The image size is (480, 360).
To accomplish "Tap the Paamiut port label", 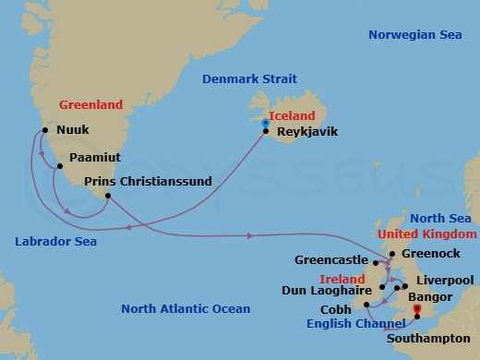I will pyautogui.click(x=94, y=157).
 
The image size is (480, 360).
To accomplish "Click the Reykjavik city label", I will pyautogui.click(x=306, y=132).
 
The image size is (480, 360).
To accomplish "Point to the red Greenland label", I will pyautogui.click(x=91, y=105).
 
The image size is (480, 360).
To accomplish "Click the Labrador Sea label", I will pyautogui.click(x=57, y=242).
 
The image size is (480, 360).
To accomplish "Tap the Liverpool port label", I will pyautogui.click(x=445, y=280).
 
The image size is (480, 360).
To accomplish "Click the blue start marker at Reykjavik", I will pyautogui.click(x=266, y=123).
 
